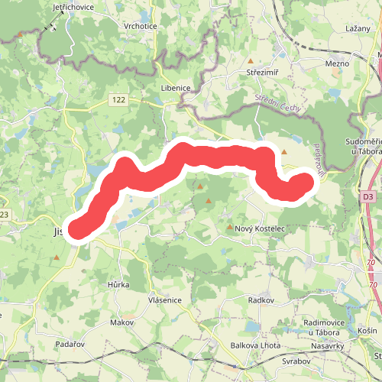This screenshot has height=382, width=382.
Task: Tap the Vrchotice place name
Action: [x=141, y=25]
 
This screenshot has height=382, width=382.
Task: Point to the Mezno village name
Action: [x=337, y=65]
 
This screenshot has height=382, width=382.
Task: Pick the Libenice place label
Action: [x=176, y=88]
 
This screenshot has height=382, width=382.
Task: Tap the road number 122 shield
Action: [x=117, y=100]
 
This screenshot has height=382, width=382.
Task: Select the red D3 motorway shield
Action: [x=369, y=197]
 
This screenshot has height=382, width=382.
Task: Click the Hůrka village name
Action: [x=118, y=284]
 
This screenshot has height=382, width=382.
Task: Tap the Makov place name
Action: [x=121, y=322]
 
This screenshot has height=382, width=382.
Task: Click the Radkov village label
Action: [x=261, y=301]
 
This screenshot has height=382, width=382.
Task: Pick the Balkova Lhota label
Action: [x=255, y=345]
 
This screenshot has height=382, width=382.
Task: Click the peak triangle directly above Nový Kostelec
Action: [x=230, y=227]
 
